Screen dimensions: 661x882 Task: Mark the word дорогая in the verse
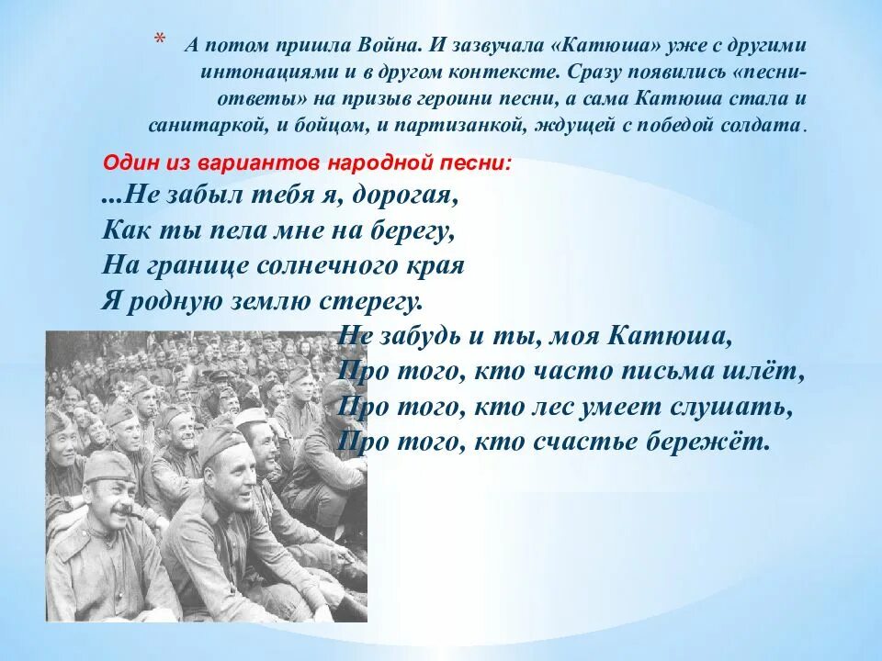click(404, 196)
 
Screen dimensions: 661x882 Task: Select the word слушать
click(729, 407)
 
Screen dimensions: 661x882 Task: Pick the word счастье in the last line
click(599, 442)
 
